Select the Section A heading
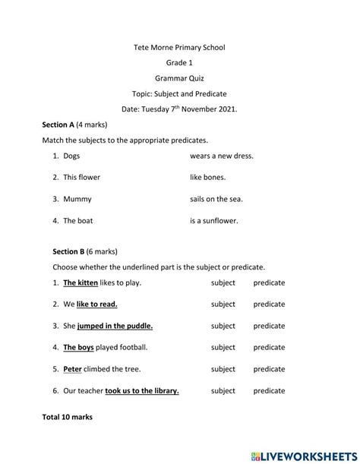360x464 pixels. pyautogui.click(x=58, y=125)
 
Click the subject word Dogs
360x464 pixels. pyautogui.click(x=71, y=156)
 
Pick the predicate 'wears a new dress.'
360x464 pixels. pyautogui.click(x=222, y=156)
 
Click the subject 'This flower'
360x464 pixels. pyautogui.click(x=81, y=177)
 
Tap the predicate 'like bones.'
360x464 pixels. pyautogui.click(x=207, y=177)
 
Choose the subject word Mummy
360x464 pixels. pyautogui.click(x=77, y=199)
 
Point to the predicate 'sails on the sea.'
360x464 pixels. pyautogui.click(x=216, y=199)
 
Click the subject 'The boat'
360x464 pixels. pyautogui.click(x=78, y=221)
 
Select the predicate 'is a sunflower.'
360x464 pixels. pyautogui.click(x=214, y=221)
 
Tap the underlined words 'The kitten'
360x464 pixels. pyautogui.click(x=81, y=283)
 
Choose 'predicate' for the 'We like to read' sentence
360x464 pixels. pyautogui.click(x=269, y=304)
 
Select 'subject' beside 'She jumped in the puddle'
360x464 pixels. pyautogui.click(x=223, y=326)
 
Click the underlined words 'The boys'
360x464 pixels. pyautogui.click(x=78, y=347)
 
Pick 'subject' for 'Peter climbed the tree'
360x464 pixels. pyautogui.click(x=223, y=369)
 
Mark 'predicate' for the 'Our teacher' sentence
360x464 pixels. pyautogui.click(x=269, y=391)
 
